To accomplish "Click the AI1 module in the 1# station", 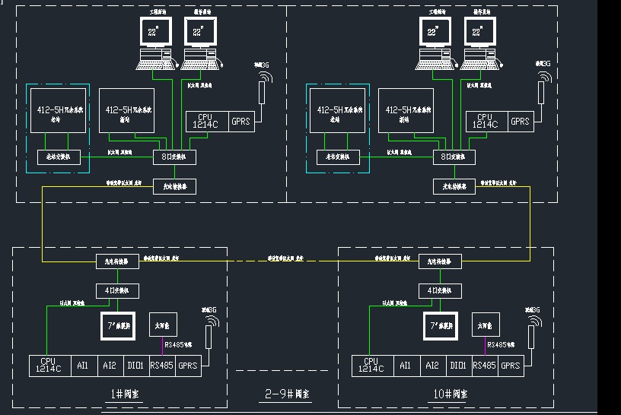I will coord(82,366).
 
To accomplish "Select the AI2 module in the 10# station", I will coord(432,366).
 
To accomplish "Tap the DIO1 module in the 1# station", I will coord(135,366).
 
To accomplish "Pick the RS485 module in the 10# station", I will coord(485,366).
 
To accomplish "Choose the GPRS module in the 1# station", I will coord(189,366).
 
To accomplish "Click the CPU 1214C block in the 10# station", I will coord(371,366).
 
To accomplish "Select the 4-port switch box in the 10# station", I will coord(440,290).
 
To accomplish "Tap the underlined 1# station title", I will coord(120,394).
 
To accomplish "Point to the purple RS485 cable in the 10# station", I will coord(485,347).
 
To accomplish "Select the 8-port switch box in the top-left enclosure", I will coord(175,157).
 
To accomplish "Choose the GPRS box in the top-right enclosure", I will coord(521,122).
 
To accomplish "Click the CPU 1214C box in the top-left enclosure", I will coord(207,122).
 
